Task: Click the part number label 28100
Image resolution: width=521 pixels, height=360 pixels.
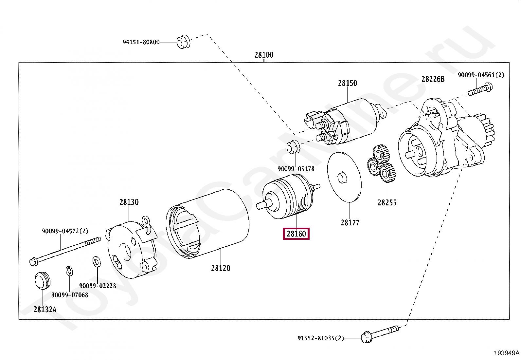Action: (x=264, y=55)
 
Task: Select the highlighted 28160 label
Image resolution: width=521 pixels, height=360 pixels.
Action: (x=296, y=234)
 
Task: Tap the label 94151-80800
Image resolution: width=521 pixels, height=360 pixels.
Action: (x=141, y=42)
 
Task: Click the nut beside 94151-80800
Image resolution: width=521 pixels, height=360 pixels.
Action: (x=183, y=42)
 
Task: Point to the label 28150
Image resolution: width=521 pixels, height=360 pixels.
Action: (x=348, y=83)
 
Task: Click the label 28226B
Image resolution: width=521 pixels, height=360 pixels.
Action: (x=433, y=79)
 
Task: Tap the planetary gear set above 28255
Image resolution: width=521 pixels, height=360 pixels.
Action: (x=381, y=164)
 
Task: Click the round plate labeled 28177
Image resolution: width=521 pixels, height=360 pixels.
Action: (x=345, y=177)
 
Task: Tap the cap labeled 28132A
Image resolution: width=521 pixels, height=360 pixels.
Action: (x=43, y=281)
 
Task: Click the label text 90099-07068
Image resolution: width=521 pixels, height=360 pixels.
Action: (x=70, y=295)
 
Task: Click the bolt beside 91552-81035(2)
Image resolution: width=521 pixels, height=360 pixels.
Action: (x=380, y=333)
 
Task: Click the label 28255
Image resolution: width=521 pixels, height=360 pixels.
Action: (x=387, y=202)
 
